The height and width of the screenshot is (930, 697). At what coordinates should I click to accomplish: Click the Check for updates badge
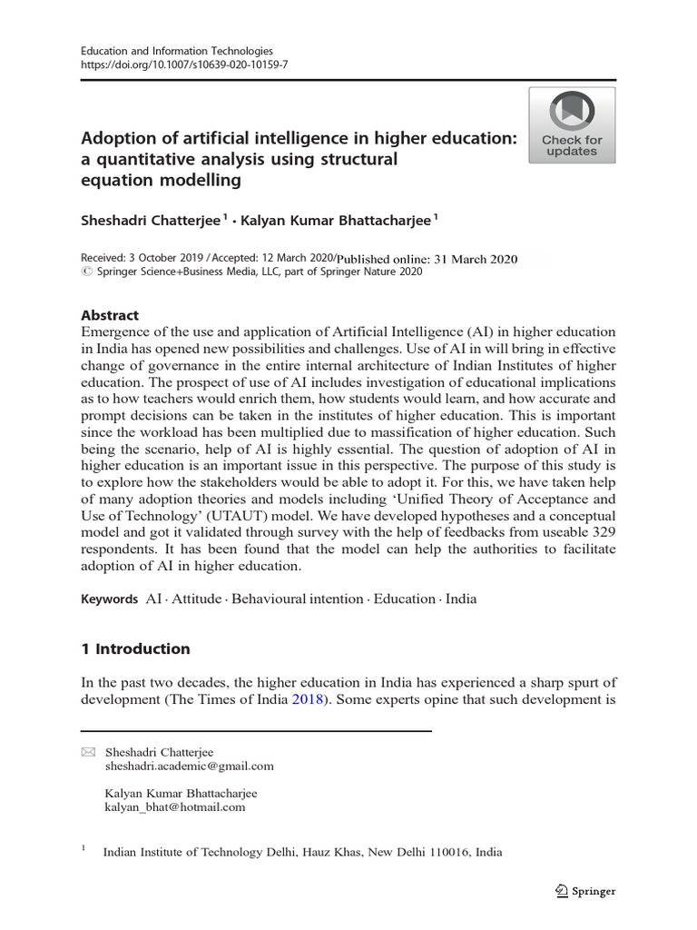click(572, 125)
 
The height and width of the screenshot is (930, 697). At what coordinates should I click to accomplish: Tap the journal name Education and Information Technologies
click(177, 52)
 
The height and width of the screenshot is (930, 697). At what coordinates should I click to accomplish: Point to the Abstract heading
click(110, 315)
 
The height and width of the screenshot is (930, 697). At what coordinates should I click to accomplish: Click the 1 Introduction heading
click(135, 648)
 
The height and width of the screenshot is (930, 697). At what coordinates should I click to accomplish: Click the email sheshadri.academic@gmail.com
click(190, 766)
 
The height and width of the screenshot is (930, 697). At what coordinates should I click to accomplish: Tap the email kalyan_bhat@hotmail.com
click(175, 806)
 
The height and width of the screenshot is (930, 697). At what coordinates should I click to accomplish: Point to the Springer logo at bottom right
click(585, 891)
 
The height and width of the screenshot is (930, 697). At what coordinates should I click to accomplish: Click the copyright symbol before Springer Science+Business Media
click(86, 272)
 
